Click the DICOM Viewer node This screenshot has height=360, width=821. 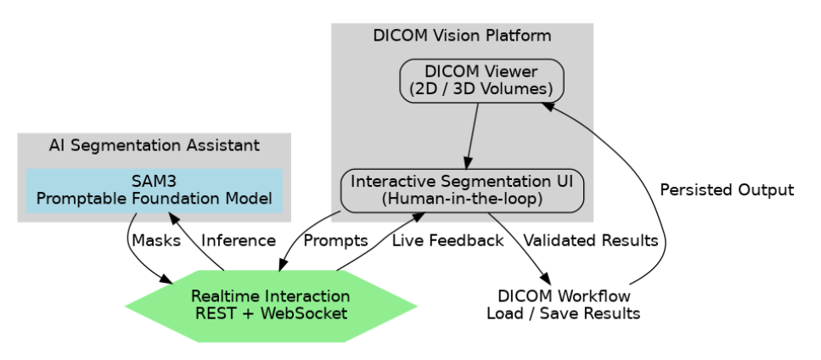click(x=481, y=81)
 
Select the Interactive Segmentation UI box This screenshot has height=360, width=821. click(x=463, y=190)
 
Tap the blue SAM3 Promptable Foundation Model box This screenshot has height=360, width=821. click(x=154, y=191)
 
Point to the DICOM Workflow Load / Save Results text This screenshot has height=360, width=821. click(x=563, y=305)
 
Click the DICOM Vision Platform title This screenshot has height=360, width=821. click(x=462, y=36)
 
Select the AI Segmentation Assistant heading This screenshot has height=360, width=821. click(x=154, y=145)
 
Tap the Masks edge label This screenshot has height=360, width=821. click(x=156, y=241)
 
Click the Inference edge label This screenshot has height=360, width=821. click(x=239, y=241)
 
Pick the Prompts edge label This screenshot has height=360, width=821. click(x=335, y=241)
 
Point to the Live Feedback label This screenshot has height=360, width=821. click(x=447, y=241)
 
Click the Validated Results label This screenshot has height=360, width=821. click(x=591, y=241)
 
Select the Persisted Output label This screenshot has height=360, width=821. click(x=727, y=190)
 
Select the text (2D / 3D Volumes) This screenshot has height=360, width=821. click(x=481, y=89)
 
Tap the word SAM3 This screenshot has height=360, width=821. click(x=154, y=183)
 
